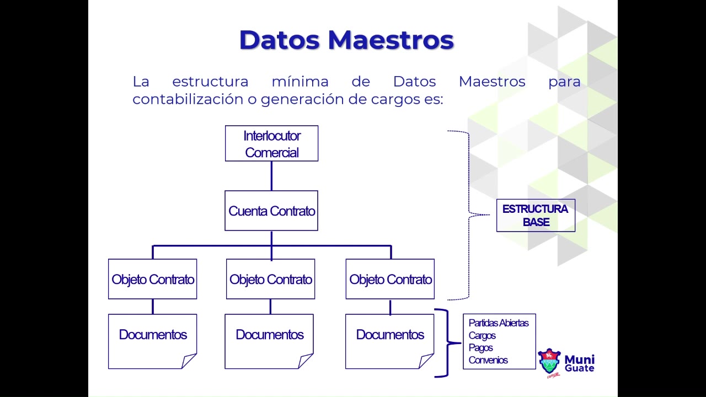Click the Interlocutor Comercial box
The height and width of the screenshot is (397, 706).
(x=271, y=143)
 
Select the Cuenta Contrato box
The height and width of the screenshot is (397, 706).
(x=271, y=211)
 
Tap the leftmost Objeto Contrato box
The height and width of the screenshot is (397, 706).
(x=153, y=279)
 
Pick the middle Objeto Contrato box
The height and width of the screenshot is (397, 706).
(x=270, y=279)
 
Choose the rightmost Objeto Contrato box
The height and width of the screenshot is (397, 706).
(x=390, y=279)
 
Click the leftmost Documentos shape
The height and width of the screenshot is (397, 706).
(x=153, y=335)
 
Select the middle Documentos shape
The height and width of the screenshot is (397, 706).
(x=269, y=335)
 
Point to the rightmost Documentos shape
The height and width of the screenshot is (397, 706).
(x=390, y=335)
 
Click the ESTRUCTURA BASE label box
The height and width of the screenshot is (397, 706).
(x=536, y=215)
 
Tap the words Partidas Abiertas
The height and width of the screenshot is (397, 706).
(x=499, y=323)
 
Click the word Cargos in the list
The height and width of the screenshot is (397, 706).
(x=482, y=335)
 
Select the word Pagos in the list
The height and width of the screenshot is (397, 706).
(x=480, y=347)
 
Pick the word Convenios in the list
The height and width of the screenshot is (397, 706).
(x=488, y=360)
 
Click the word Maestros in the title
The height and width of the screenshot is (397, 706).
(x=391, y=40)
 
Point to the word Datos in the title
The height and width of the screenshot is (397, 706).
(x=279, y=40)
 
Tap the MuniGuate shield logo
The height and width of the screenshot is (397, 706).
(x=549, y=362)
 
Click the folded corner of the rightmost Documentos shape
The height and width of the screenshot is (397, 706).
(x=425, y=362)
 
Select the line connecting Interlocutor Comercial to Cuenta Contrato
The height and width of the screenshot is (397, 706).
(x=271, y=176)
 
